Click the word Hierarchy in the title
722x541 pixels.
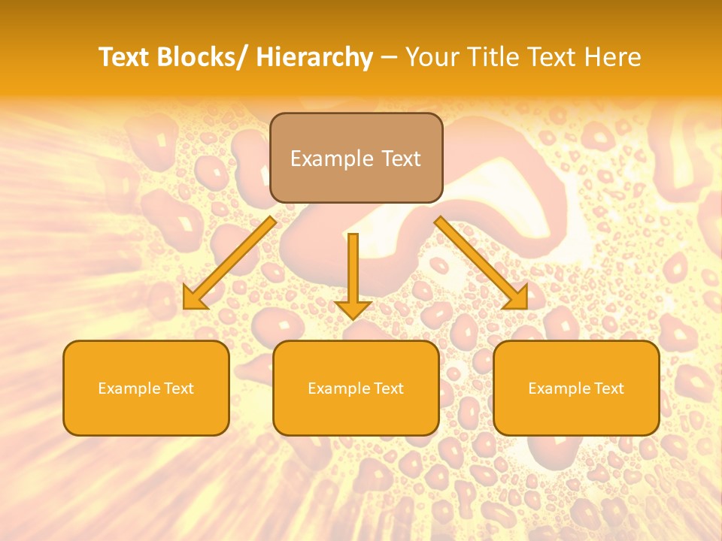coord(314,57)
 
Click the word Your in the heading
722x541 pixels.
coord(430,57)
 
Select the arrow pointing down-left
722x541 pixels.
coord(229,263)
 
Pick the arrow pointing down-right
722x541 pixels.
coord(481,263)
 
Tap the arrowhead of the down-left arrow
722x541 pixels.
coord(193,299)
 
